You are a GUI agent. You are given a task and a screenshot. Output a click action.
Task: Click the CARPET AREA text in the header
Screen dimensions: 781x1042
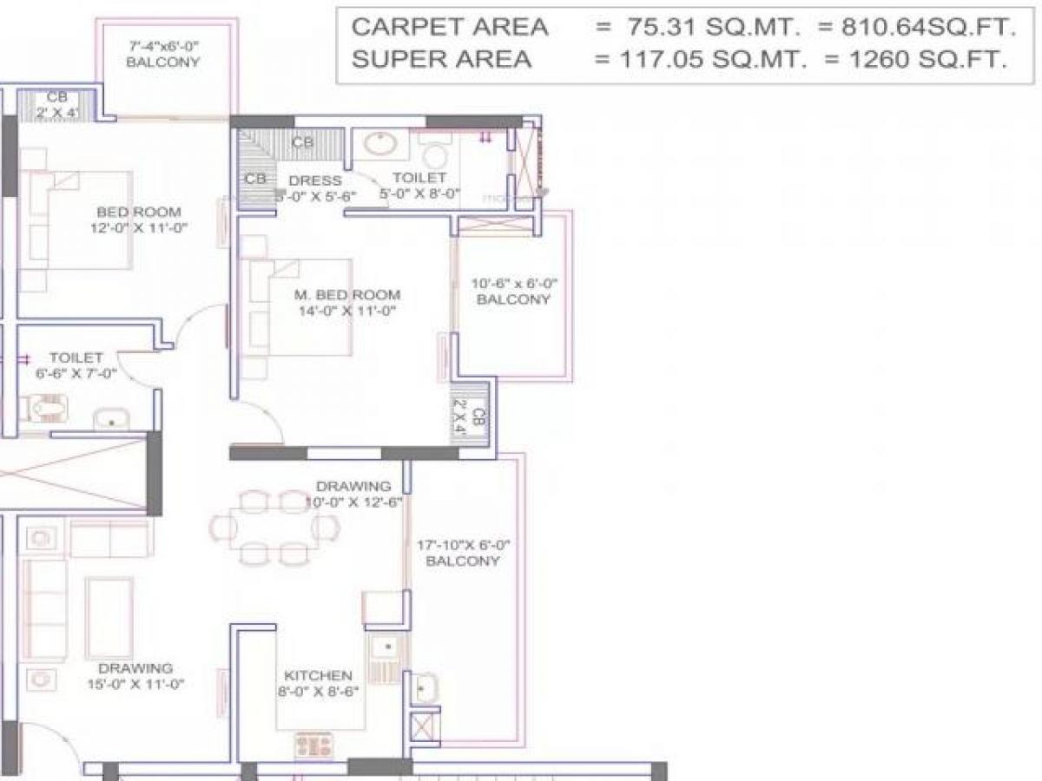(x=450, y=27)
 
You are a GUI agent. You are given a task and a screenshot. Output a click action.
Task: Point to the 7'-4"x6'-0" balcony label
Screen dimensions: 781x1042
(x=162, y=54)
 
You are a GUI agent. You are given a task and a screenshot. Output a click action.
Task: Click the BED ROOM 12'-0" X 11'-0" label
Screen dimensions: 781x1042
(x=138, y=220)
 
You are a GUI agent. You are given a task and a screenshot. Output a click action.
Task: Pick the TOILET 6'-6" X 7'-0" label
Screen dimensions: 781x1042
(x=76, y=364)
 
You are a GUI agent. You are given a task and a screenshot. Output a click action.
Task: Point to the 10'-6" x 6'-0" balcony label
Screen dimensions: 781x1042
(x=514, y=291)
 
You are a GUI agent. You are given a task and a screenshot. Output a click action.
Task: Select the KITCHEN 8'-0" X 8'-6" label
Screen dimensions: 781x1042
(x=318, y=683)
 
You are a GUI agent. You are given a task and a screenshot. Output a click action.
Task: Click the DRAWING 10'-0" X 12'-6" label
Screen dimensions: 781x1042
(x=353, y=494)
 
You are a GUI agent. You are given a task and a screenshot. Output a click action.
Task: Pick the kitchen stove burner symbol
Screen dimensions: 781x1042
(x=313, y=745)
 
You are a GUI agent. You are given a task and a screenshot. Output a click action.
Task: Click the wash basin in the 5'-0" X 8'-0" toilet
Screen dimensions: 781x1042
(x=379, y=143)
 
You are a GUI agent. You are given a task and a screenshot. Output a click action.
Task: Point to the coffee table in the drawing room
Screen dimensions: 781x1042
(x=110, y=617)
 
